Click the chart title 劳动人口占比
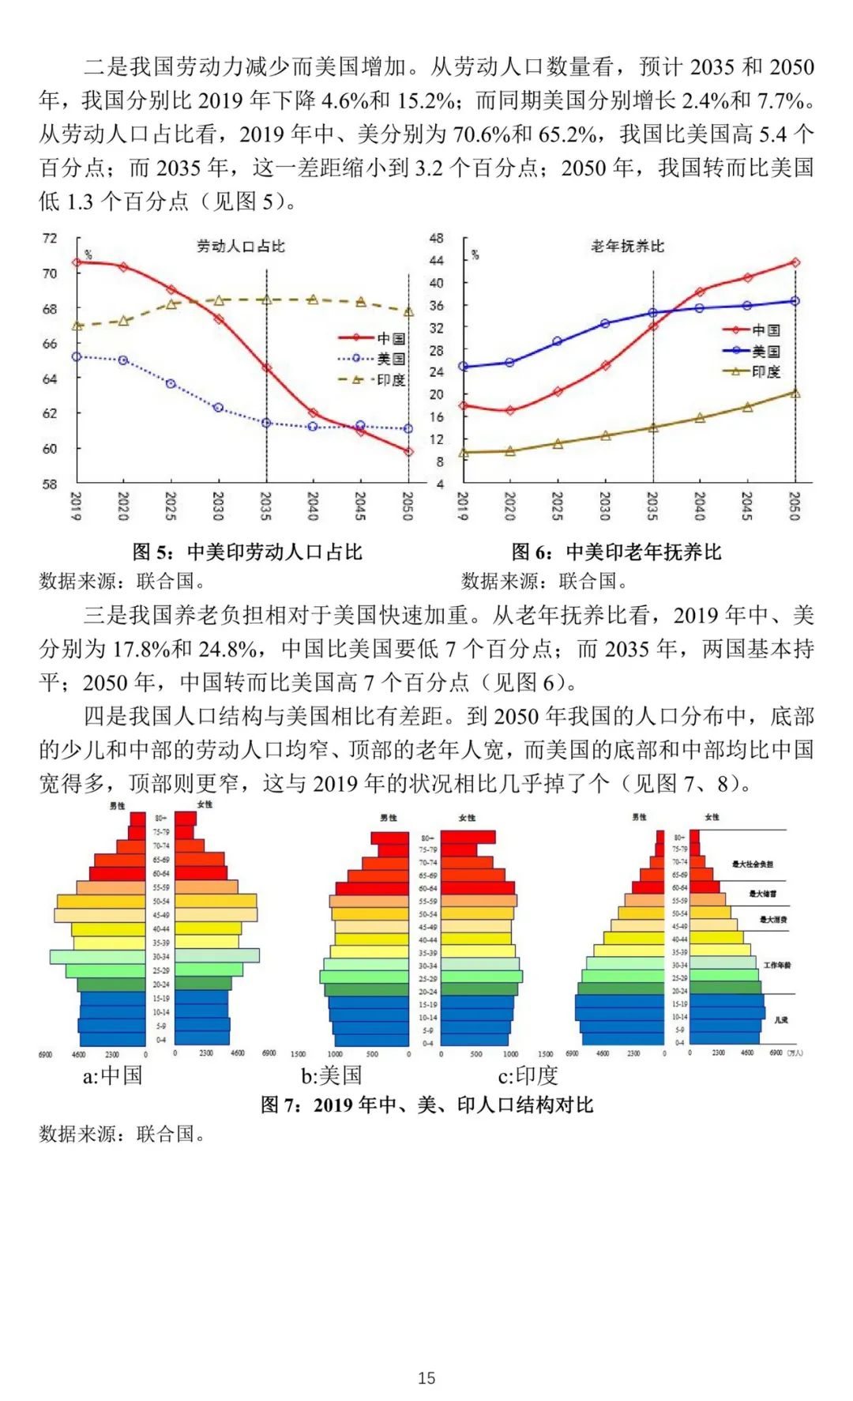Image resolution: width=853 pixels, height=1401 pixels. coord(240,247)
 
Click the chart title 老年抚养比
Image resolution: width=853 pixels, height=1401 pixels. coord(628,247)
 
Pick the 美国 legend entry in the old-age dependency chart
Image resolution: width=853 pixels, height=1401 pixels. coord(751,351)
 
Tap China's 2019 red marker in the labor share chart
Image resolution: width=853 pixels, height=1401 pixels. coord(77,262)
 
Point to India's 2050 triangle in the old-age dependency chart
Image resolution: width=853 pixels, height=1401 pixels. coord(795,393)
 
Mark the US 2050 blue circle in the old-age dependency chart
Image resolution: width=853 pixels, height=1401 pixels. coord(795,301)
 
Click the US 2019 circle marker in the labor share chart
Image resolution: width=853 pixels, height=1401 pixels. coord(77,357)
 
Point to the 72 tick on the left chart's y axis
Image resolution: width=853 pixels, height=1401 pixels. coord(50,238)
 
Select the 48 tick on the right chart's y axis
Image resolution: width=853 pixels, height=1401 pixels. coord(436,238)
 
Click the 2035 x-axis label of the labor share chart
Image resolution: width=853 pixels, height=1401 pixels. coord(265,506)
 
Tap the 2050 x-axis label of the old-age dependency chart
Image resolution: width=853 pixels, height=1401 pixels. coord(795,506)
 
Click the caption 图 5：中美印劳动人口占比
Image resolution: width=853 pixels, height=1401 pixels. coord(247,552)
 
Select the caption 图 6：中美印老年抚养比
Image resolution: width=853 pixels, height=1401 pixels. coord(616,552)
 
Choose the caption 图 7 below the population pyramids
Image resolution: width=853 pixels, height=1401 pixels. coord(426,1105)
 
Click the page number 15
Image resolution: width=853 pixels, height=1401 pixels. coord(426,1378)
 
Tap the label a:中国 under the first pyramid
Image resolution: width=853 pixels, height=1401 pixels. coord(112,1075)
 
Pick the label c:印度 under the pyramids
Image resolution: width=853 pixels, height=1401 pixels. coord(528,1075)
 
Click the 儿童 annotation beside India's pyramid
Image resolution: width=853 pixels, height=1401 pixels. coord(780,1020)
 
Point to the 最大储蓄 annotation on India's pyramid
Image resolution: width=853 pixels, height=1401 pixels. coord(762,894)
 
